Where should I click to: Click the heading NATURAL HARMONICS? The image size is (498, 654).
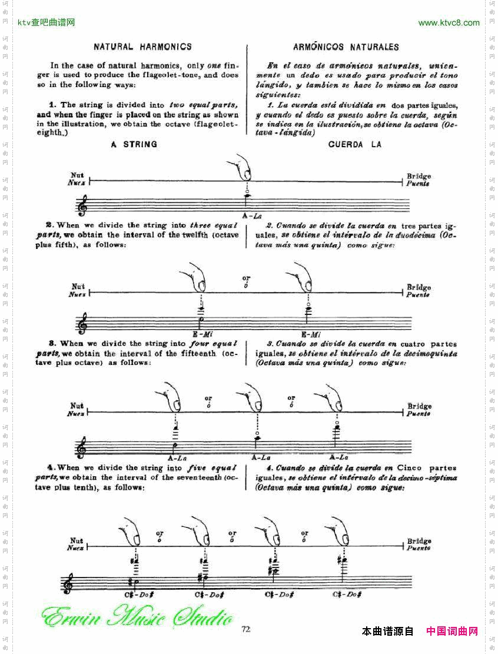142,47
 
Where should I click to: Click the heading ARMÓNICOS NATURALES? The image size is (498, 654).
346,47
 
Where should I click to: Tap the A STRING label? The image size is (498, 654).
134,144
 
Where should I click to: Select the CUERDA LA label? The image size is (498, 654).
355,145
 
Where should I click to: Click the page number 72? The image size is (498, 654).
246,629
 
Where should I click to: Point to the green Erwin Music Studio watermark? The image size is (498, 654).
137,616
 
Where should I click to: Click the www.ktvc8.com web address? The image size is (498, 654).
449,23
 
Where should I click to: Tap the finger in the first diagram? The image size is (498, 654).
242,167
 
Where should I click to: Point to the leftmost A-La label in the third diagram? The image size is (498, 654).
177,457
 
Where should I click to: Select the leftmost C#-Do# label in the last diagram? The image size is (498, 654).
139,595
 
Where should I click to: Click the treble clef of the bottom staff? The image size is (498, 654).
69,583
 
